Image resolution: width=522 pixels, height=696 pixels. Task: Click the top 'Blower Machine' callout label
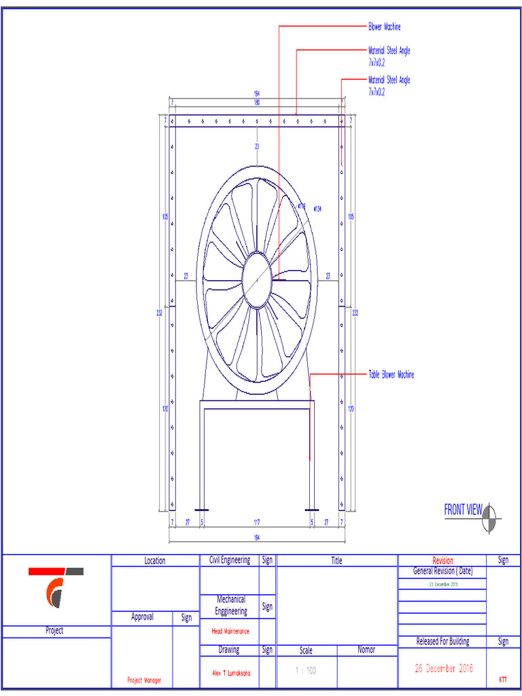click(x=384, y=27)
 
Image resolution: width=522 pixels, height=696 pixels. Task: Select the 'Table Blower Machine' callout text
click(x=391, y=375)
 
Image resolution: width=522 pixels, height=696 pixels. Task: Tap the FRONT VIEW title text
click(x=462, y=510)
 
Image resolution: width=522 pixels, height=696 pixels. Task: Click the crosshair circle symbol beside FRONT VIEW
click(x=489, y=519)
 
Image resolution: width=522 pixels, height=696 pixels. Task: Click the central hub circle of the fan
click(x=257, y=279)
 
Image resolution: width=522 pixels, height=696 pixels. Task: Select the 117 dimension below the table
click(x=256, y=523)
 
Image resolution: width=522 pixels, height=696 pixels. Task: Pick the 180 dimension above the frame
click(x=257, y=103)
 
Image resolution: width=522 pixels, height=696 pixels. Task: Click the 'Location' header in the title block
click(x=154, y=561)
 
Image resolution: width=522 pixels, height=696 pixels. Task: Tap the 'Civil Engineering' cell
click(x=229, y=560)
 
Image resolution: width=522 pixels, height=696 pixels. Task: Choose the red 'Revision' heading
click(x=442, y=561)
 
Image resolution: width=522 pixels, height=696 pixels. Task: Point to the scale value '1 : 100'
click(x=306, y=671)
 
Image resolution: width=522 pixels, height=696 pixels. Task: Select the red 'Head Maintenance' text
click(x=229, y=631)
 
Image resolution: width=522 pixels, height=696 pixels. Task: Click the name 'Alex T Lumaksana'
click(x=229, y=673)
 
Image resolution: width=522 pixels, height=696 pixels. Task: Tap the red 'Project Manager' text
click(x=143, y=680)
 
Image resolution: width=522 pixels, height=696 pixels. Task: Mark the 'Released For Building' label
click(x=442, y=642)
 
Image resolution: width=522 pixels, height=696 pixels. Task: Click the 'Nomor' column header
click(x=366, y=650)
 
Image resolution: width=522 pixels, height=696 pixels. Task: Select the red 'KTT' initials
click(x=503, y=679)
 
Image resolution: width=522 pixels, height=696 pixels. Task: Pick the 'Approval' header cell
click(x=142, y=617)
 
